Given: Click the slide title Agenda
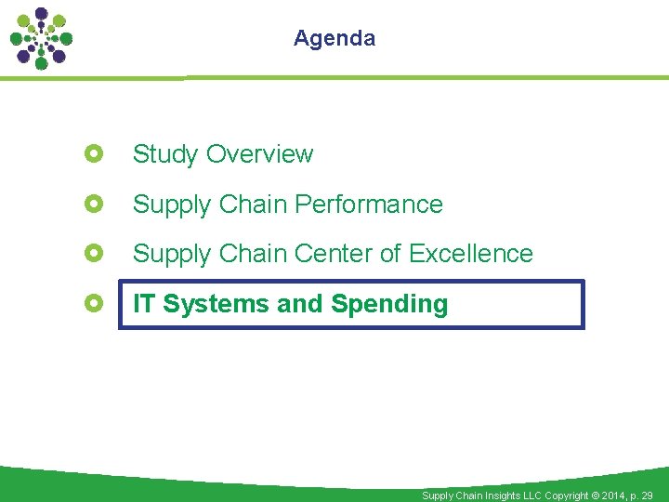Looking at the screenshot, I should pos(334,38).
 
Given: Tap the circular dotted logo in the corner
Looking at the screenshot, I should pos(41,38).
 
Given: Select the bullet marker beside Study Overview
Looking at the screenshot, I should pos(93,153).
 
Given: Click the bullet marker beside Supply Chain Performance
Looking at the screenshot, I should pos(93,204).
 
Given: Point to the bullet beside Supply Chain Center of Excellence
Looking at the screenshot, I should pos(93,253).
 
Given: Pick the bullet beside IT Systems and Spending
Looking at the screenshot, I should pos(93,303).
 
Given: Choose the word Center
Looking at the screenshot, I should pos(334,254).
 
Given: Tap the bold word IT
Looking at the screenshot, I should pos(144,304).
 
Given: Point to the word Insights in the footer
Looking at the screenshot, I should pos(498,495).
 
